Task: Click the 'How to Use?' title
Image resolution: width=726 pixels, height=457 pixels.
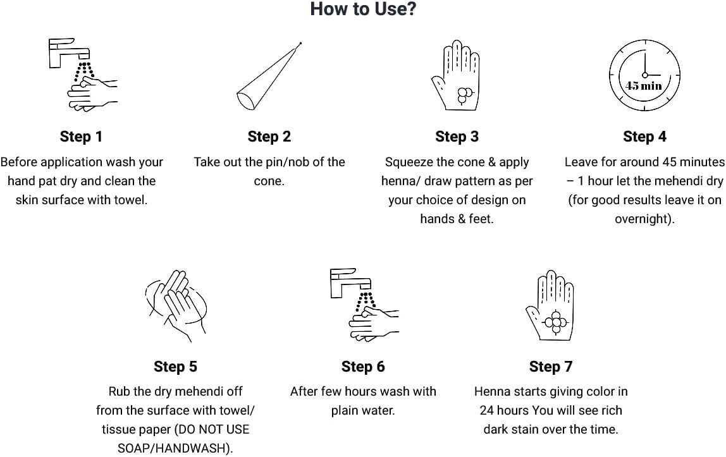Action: pos(363,9)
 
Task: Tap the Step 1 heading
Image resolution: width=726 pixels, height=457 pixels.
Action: pos(81,137)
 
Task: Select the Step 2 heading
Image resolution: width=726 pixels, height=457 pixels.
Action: pos(269,137)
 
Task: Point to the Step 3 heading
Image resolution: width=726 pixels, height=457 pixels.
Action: pos(457,137)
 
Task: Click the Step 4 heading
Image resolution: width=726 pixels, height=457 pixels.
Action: pos(644,137)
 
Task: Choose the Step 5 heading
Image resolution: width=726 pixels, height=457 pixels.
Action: pos(175,367)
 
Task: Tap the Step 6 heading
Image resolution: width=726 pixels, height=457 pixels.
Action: pos(363,367)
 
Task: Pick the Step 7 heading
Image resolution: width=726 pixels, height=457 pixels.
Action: pos(551,367)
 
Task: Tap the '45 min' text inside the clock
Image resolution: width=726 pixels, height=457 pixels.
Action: pos(644,85)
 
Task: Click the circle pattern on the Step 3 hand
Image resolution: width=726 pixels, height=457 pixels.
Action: pos(464,95)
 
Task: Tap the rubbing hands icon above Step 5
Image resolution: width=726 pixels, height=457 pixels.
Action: pos(176,305)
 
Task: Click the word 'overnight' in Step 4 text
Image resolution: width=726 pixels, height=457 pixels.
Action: pos(642,219)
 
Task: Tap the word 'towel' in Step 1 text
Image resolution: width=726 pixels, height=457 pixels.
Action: pos(132,200)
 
